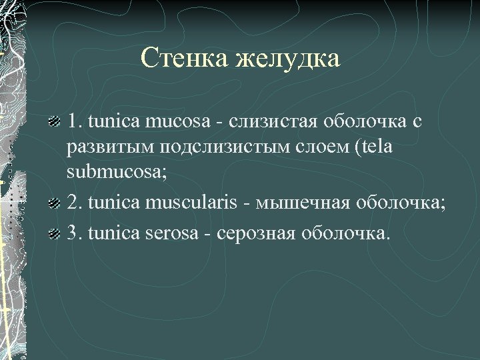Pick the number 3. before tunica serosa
click(74, 233)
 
